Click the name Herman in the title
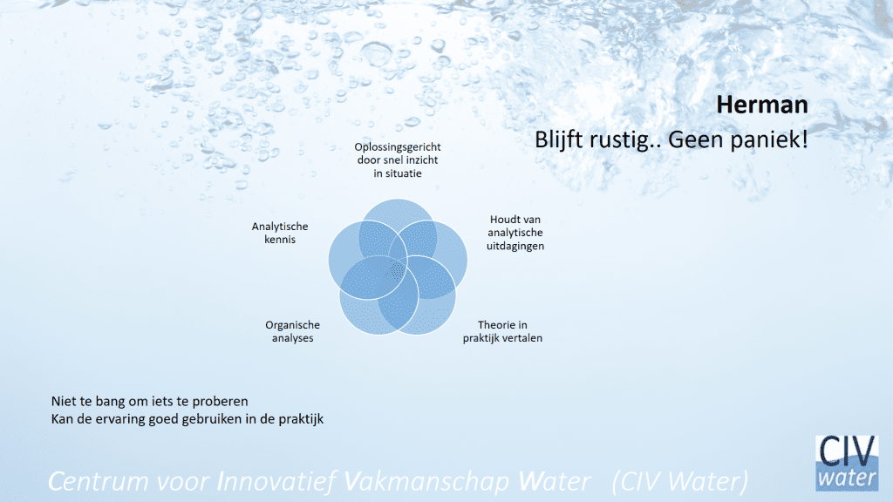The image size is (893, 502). [762, 105]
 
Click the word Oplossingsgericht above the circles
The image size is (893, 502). [398, 146]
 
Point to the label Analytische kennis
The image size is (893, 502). [280, 233]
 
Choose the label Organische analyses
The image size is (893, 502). [292, 331]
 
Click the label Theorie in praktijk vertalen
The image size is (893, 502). [502, 331]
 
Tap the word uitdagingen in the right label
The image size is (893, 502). [515, 246]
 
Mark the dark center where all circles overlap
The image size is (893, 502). [397, 270]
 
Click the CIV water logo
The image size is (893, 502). [847, 463]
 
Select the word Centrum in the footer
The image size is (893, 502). [98, 481]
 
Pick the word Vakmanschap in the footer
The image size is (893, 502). [427, 481]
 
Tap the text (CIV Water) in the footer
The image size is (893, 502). [680, 481]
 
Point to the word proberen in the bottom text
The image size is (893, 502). [220, 401]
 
